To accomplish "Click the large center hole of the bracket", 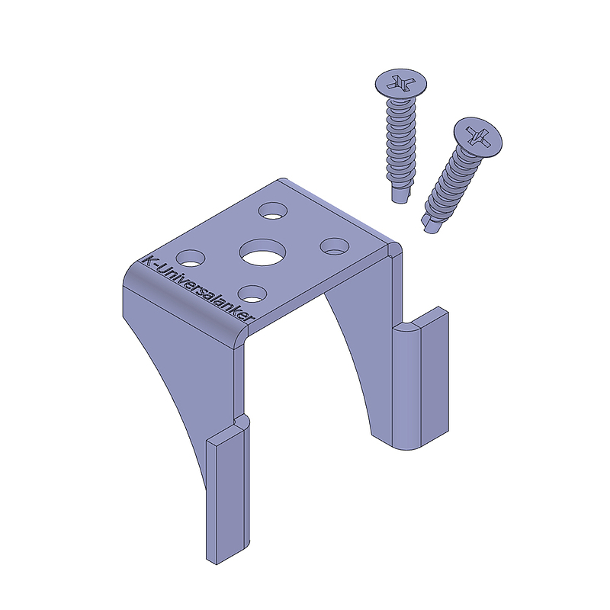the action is click(x=262, y=252).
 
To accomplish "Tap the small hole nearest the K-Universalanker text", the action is click(x=191, y=258).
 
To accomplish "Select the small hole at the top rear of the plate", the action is click(x=274, y=210).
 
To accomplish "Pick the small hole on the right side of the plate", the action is click(x=334, y=246).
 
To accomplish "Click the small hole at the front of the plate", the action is click(x=253, y=294).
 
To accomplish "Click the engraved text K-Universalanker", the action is click(x=198, y=289).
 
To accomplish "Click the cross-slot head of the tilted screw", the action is click(x=478, y=137).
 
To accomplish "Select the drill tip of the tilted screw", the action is click(x=431, y=224).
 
